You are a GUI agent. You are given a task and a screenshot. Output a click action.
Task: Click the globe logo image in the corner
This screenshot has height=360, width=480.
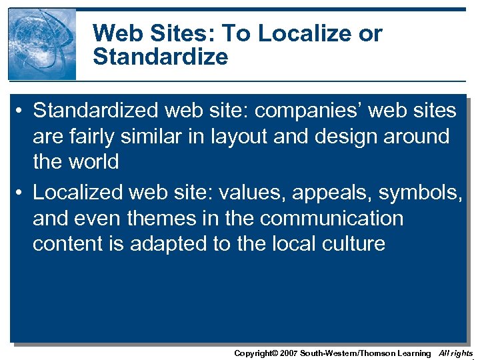click(42, 44)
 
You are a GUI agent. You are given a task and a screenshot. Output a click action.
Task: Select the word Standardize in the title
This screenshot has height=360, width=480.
click(160, 57)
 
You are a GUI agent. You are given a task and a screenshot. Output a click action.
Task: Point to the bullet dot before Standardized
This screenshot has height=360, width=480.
click(20, 110)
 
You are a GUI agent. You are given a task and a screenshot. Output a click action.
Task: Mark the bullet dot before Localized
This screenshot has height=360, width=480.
click(20, 193)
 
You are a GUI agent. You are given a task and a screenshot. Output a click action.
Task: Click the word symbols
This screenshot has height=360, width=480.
click(418, 193)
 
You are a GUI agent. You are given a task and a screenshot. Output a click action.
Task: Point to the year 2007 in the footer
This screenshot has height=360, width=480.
click(288, 353)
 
